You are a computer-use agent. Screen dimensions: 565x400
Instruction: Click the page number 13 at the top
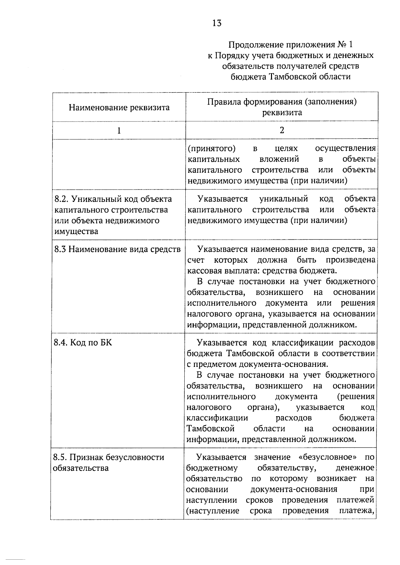point(216,23)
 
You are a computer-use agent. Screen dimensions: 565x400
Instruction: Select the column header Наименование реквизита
point(119,107)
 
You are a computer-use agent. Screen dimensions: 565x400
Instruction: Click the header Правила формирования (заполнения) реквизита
point(282,107)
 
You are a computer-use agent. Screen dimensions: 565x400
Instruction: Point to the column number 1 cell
point(119,130)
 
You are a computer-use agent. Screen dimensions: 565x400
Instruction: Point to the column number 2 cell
point(282,130)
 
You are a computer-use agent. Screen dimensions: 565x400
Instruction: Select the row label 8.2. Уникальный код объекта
point(113,199)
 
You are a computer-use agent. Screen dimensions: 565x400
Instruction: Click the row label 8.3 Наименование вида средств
point(117,249)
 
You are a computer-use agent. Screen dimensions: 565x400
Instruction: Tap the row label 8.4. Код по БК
point(83,343)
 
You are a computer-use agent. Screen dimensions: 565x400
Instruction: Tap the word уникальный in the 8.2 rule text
point(283,199)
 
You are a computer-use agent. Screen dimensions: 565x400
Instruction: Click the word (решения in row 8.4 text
point(356,397)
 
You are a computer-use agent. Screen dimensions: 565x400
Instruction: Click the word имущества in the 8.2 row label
point(76,231)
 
